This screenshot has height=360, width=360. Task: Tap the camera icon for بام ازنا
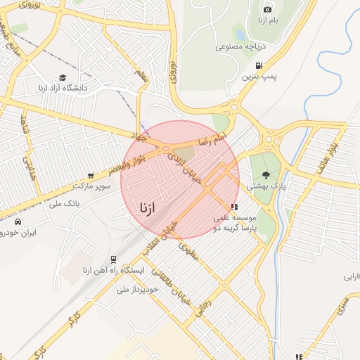[x=267, y=9]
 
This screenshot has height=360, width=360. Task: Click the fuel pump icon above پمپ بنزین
[x=259, y=65]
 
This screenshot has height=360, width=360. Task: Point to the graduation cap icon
[x=63, y=78]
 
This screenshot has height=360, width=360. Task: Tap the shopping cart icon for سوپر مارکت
[x=90, y=176]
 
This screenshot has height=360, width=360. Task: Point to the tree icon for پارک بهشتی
[x=265, y=175]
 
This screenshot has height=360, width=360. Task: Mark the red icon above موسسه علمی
[x=234, y=207]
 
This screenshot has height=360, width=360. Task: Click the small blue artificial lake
[x=240, y=33]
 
